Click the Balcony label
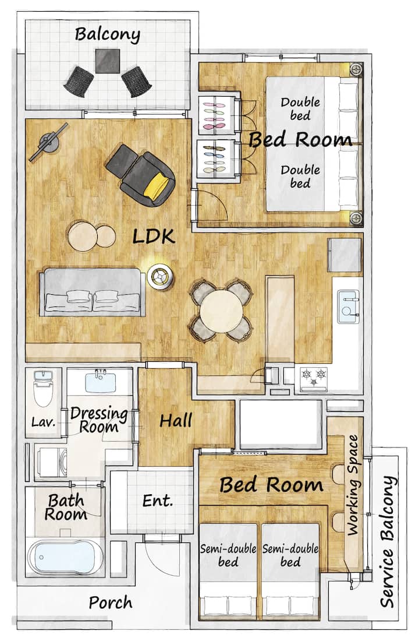[x=108, y=35]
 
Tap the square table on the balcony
[x=108, y=61]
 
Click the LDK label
[x=154, y=237]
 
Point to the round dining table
[x=221, y=311]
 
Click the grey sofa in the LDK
[x=93, y=291]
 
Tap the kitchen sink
[x=348, y=307]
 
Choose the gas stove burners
[x=314, y=376]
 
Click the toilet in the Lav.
[x=43, y=389]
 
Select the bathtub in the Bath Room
[x=65, y=557]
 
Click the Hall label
[x=176, y=421]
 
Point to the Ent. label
[x=158, y=501]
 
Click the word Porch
[x=111, y=603]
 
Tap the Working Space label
[x=353, y=485]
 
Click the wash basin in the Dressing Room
[x=101, y=382]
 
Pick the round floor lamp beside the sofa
[x=159, y=277]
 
